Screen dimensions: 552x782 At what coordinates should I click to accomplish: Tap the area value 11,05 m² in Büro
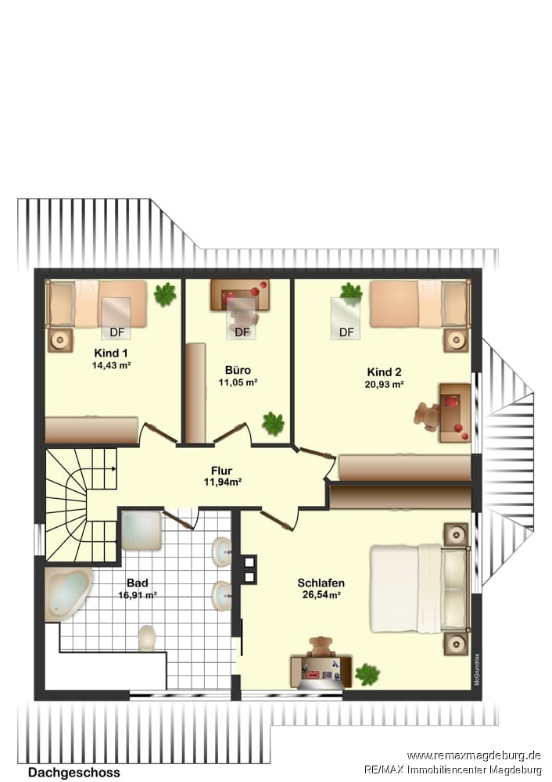pos(238,382)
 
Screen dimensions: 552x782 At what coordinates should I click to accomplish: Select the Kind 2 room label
pos(384,372)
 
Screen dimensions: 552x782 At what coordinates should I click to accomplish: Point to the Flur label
pos(221,470)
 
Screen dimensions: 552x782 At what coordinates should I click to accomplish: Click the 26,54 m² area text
pos(321,594)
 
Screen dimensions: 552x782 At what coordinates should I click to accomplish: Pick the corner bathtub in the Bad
pos(67,594)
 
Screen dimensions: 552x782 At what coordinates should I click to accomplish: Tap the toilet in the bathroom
pos(147,638)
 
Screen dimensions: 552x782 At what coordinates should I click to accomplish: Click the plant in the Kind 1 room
pos(165,294)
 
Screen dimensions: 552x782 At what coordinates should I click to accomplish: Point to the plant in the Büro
pos(273,423)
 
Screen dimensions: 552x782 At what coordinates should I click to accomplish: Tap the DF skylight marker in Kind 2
pos(346,332)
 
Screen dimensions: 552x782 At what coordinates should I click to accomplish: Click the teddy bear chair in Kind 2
pos(427,415)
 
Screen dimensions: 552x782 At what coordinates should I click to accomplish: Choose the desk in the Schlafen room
pos(321,671)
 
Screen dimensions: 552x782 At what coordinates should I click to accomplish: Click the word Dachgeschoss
pos(73,773)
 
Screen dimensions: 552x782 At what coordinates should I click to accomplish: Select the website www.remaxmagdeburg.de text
pos(474,755)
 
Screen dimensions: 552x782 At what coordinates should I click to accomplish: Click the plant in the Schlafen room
pos(367,674)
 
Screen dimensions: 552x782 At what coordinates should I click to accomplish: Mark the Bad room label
pos(137,583)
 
